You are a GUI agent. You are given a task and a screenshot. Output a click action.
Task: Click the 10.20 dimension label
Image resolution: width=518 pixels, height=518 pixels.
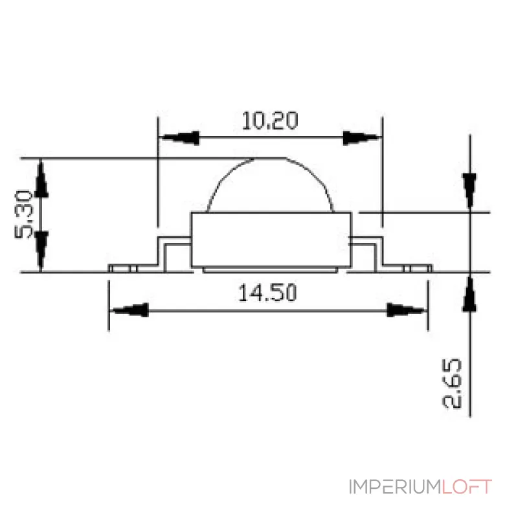(x=270, y=120)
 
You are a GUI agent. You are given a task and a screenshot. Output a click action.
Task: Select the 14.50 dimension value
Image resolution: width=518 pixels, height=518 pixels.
(x=267, y=293)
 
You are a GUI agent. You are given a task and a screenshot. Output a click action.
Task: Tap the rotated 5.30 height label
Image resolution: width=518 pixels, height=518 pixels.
(x=24, y=214)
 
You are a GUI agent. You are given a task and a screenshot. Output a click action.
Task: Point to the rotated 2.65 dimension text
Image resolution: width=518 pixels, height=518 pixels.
(x=451, y=383)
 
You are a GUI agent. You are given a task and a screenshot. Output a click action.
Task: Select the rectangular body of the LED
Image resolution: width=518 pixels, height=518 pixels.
(x=271, y=240)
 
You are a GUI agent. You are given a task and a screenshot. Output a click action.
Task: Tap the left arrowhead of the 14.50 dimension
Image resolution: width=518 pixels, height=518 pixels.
(x=129, y=310)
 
